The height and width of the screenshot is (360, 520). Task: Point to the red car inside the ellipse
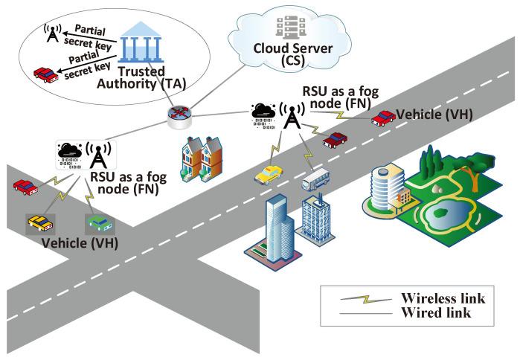point(46,73)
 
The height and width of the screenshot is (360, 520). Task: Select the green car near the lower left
point(98,222)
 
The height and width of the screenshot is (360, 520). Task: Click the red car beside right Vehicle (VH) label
point(384,118)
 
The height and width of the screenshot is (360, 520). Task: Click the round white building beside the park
point(386,187)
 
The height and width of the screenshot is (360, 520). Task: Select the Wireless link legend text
point(443,298)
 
